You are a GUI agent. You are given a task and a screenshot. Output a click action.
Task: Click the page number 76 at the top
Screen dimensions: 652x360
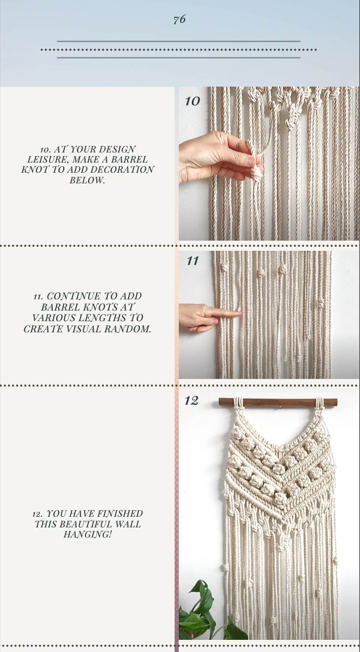click(x=179, y=20)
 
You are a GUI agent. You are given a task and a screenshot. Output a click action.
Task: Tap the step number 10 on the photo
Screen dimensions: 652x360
click(x=192, y=101)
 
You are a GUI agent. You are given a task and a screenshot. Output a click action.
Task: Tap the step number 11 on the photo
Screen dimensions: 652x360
click(x=192, y=261)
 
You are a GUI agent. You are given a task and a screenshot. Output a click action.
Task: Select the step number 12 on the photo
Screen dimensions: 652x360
click(x=191, y=401)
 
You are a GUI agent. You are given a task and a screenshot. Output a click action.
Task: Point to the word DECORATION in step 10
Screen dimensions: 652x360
click(x=122, y=170)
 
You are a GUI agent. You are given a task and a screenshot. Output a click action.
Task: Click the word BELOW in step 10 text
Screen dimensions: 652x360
click(x=87, y=180)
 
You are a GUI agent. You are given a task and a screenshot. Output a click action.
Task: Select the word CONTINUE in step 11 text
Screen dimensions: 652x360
click(x=73, y=296)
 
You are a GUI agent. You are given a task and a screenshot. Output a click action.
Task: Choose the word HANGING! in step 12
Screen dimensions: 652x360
click(x=87, y=534)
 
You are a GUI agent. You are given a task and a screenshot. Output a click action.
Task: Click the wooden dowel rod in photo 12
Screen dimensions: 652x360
click(x=277, y=402)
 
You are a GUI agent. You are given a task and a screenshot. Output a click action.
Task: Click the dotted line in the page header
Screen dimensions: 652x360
click(x=179, y=50)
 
